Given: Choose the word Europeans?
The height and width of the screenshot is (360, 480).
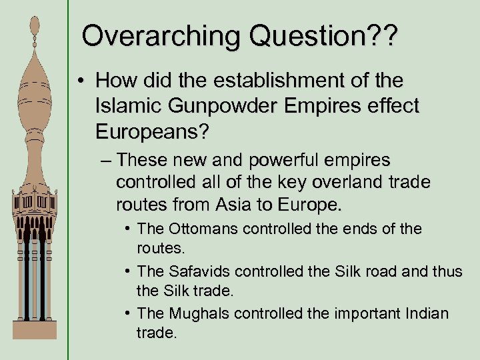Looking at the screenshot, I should pyautogui.click(x=153, y=131).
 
